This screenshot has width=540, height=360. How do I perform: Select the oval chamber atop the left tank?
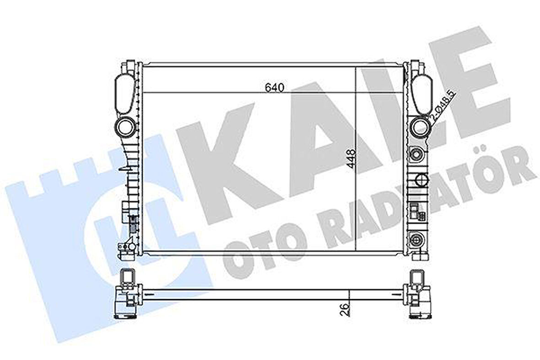[x=124, y=94]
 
